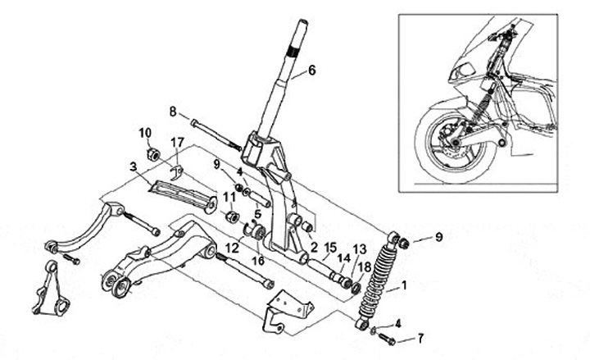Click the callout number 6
click(x=311, y=71)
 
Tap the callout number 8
click(x=173, y=111)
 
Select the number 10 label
click(x=145, y=133)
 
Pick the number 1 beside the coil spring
click(x=402, y=289)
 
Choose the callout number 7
click(x=422, y=338)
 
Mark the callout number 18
click(x=364, y=266)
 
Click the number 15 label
click(x=331, y=247)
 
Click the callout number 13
click(x=358, y=249)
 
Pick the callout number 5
click(x=256, y=215)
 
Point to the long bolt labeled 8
click(x=215, y=134)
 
